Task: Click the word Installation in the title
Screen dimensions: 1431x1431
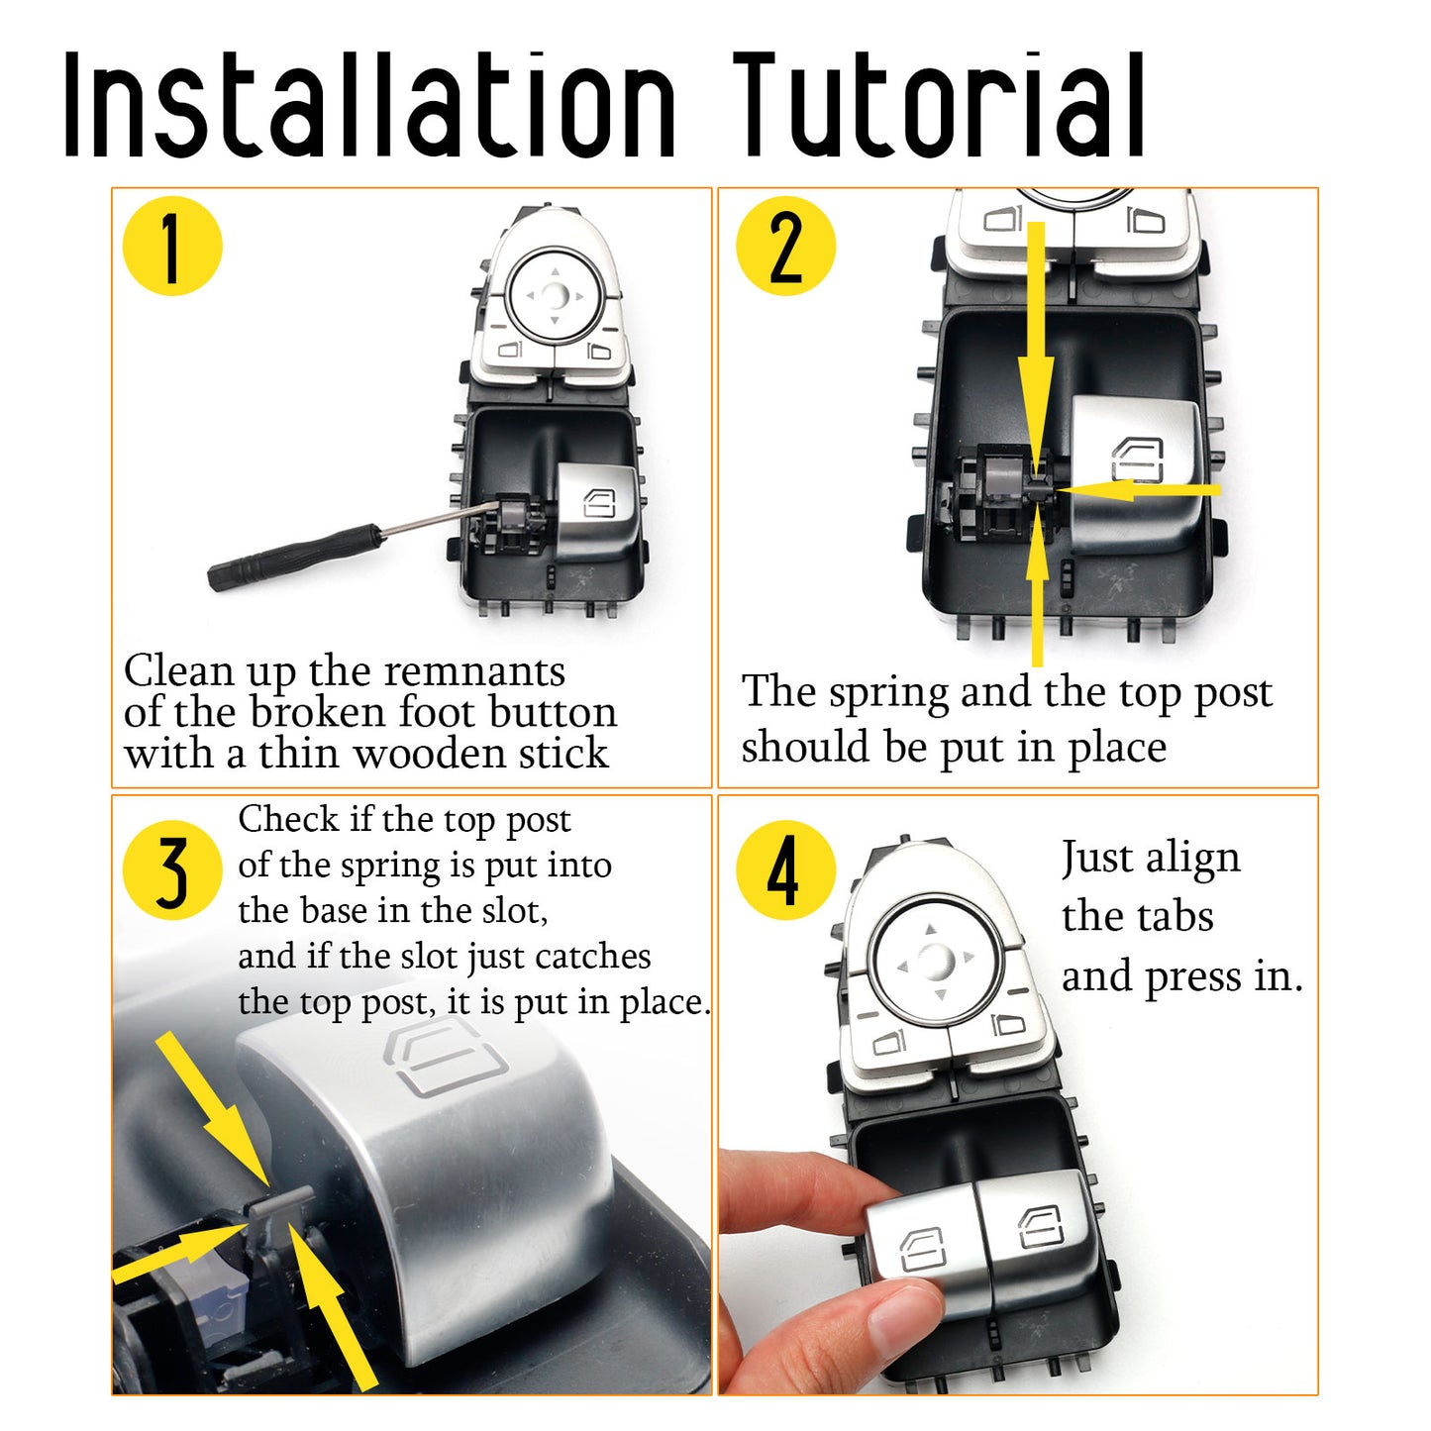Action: coord(369,104)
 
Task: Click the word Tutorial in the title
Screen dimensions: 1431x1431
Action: coord(939,104)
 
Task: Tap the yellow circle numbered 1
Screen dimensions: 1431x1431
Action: coord(172,247)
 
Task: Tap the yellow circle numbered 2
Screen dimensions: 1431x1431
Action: coord(785,247)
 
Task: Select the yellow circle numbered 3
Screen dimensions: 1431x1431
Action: coord(172,869)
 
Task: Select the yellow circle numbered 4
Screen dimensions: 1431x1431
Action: coord(785,869)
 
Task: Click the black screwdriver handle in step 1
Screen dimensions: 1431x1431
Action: coord(295,557)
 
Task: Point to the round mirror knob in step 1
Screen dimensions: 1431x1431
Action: coord(554,295)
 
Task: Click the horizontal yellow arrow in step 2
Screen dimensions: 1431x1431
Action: coord(1138,489)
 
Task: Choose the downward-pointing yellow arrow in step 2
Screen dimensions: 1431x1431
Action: coord(1037,348)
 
